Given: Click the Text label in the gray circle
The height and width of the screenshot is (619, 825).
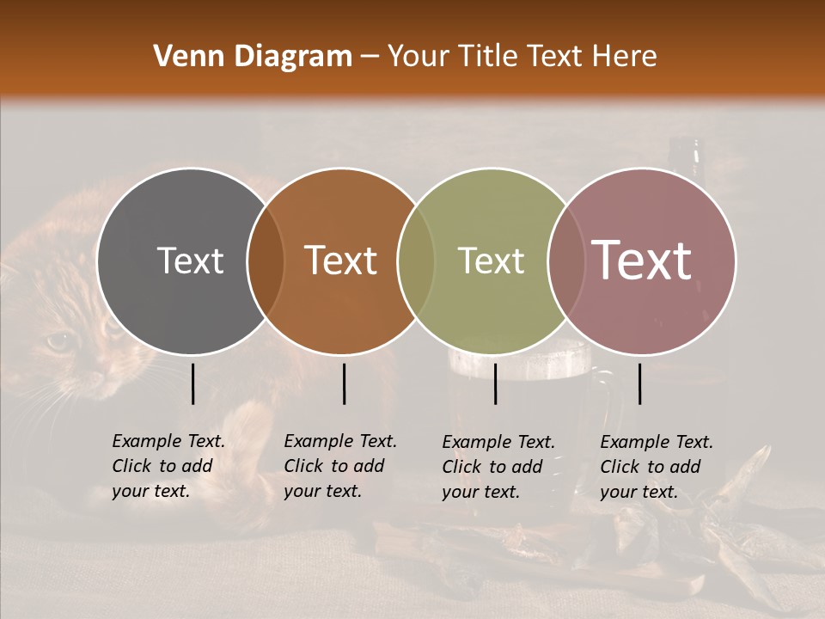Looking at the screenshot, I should point(190,260).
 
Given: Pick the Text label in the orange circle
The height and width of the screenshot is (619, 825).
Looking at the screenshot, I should point(341,260).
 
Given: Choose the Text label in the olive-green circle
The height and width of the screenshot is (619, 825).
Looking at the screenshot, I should point(492,260).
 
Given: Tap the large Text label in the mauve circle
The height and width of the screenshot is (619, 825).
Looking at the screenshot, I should point(642,260).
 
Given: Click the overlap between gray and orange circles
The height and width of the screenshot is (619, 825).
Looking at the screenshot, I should point(266,260).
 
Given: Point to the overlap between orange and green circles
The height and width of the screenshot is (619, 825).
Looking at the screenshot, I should point(416,260).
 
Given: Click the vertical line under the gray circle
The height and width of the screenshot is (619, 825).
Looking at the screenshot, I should point(192,383).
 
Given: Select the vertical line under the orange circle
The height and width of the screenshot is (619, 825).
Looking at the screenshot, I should point(344,383).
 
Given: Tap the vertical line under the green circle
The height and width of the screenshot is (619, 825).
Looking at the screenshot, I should point(496,383).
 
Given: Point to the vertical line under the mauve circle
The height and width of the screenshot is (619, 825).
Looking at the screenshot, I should point(640,383).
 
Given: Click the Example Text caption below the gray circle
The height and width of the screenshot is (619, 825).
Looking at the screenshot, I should point(168,466).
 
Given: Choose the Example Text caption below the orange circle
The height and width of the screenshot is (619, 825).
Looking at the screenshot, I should point(339,466).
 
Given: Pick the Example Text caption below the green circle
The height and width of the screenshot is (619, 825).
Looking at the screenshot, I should point(498,467).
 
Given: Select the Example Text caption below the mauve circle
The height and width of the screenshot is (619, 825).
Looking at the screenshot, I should point(656,467).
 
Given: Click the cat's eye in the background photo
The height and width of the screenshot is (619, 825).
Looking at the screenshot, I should point(58,342).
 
